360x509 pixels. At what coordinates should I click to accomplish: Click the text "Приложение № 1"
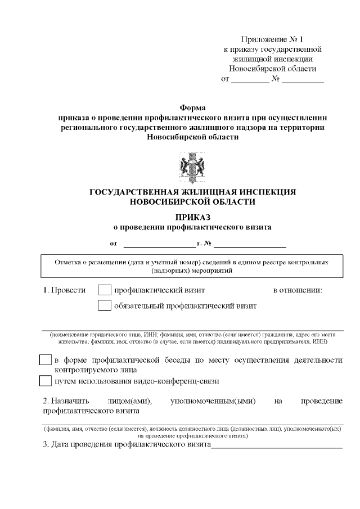point(272,39)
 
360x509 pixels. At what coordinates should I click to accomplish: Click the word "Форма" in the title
point(193,107)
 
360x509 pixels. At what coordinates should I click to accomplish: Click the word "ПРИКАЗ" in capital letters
point(192,217)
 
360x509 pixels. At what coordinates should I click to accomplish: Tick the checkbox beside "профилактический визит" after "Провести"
point(105,290)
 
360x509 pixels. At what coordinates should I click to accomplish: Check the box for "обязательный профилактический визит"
point(105,306)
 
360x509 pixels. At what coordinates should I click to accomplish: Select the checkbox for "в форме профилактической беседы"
point(46,360)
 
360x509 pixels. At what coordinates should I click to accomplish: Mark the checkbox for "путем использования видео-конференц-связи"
point(46,381)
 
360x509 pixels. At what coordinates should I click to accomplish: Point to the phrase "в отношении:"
point(297,291)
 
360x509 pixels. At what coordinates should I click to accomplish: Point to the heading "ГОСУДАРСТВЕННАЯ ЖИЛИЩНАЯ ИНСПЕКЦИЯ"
point(192,192)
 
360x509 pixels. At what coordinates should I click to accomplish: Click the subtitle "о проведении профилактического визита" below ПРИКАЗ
point(192,228)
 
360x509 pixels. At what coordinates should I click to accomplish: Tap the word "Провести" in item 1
point(69,291)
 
